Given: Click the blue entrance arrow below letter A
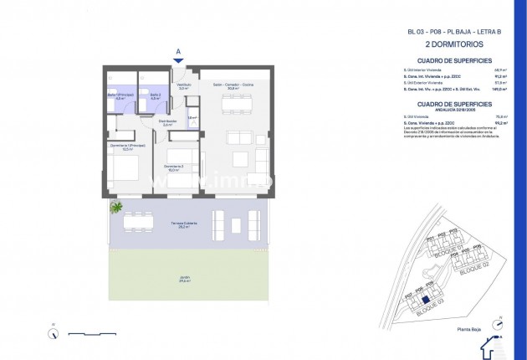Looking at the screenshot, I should point(178,59).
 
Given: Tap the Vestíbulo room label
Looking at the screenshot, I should point(184,85).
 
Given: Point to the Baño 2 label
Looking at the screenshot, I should point(155,96).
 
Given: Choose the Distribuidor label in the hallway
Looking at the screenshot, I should point(167,122).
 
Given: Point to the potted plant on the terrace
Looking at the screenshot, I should point(116,207).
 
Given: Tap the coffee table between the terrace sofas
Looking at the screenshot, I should point(235,224).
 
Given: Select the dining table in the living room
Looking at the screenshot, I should point(234,105).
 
